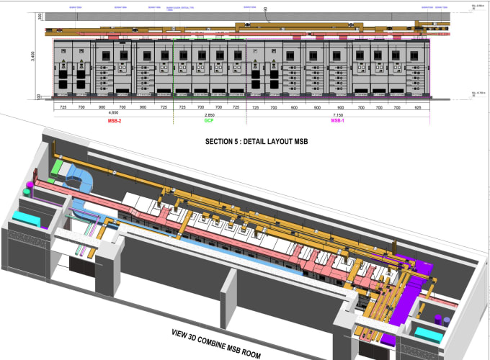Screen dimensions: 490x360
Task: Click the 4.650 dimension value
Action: [x=113, y=114]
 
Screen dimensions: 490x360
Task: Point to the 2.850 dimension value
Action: [x=210, y=114]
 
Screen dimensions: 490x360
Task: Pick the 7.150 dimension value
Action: [x=338, y=114]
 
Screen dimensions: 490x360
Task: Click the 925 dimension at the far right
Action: [x=418, y=107]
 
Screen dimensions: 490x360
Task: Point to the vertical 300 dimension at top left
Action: [x=40, y=17]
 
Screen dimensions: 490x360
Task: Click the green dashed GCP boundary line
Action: [x=174, y=72]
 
